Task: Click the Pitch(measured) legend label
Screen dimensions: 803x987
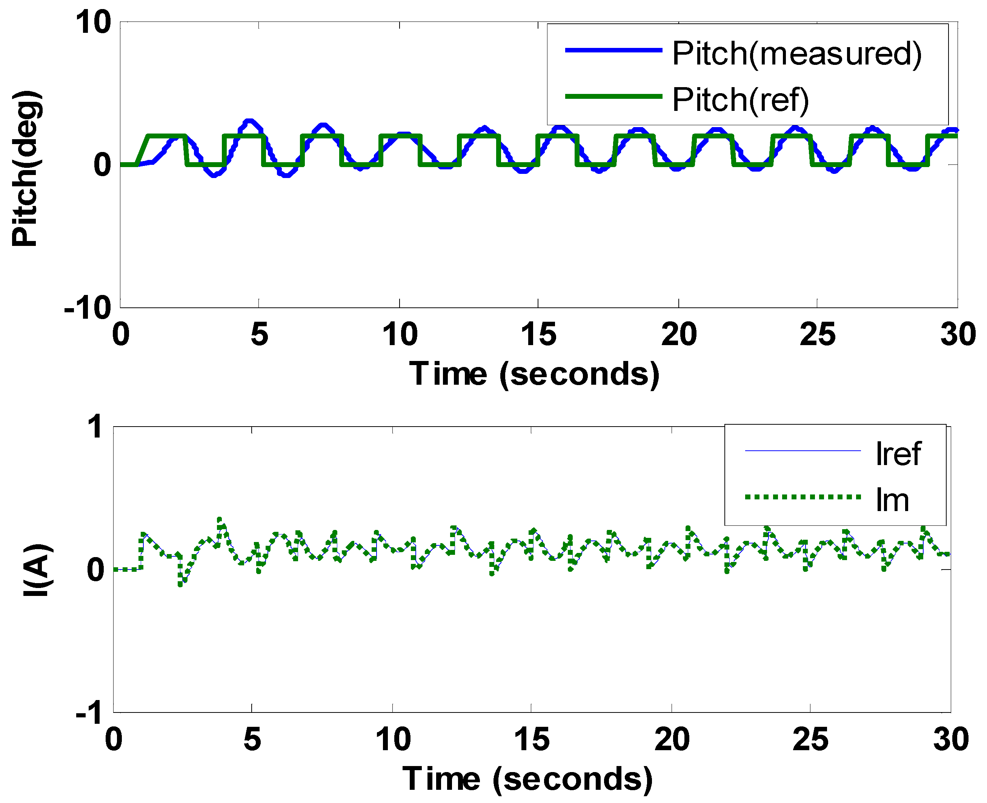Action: pyautogui.click(x=796, y=54)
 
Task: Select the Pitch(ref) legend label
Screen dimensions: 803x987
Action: pyautogui.click(x=740, y=100)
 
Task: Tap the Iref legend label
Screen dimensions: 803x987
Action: pyautogui.click(x=898, y=454)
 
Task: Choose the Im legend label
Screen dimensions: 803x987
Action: pyautogui.click(x=892, y=501)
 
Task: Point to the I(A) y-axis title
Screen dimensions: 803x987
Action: pyautogui.click(x=38, y=570)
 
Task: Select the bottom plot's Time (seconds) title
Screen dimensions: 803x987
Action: pyautogui.click(x=527, y=779)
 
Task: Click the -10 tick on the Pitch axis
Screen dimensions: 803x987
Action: pyautogui.click(x=88, y=307)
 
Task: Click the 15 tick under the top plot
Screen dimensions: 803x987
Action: pyautogui.click(x=538, y=335)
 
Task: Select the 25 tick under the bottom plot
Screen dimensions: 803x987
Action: pyautogui.click(x=810, y=739)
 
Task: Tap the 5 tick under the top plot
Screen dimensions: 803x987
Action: pyautogui.click(x=259, y=335)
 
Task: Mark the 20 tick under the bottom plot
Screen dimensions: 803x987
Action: pyautogui.click(x=672, y=739)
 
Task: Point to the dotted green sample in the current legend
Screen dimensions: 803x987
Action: pyautogui.click(x=803, y=497)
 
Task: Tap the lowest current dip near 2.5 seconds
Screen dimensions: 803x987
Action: pyautogui.click(x=180, y=585)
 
